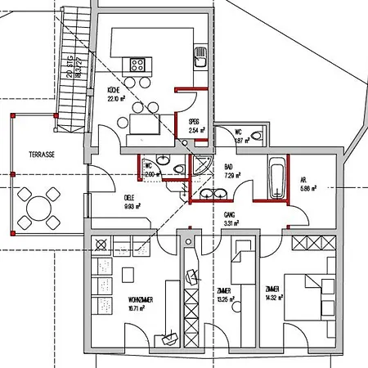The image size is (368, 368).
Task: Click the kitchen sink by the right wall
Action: click(x=199, y=56)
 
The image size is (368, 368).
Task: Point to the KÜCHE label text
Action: click(x=115, y=94)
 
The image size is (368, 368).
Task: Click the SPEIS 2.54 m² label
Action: click(x=195, y=125)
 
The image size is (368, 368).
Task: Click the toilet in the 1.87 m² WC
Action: click(x=257, y=136)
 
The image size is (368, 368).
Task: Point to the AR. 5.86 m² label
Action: click(x=308, y=185)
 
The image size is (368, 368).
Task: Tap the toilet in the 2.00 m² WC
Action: click(x=177, y=169)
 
